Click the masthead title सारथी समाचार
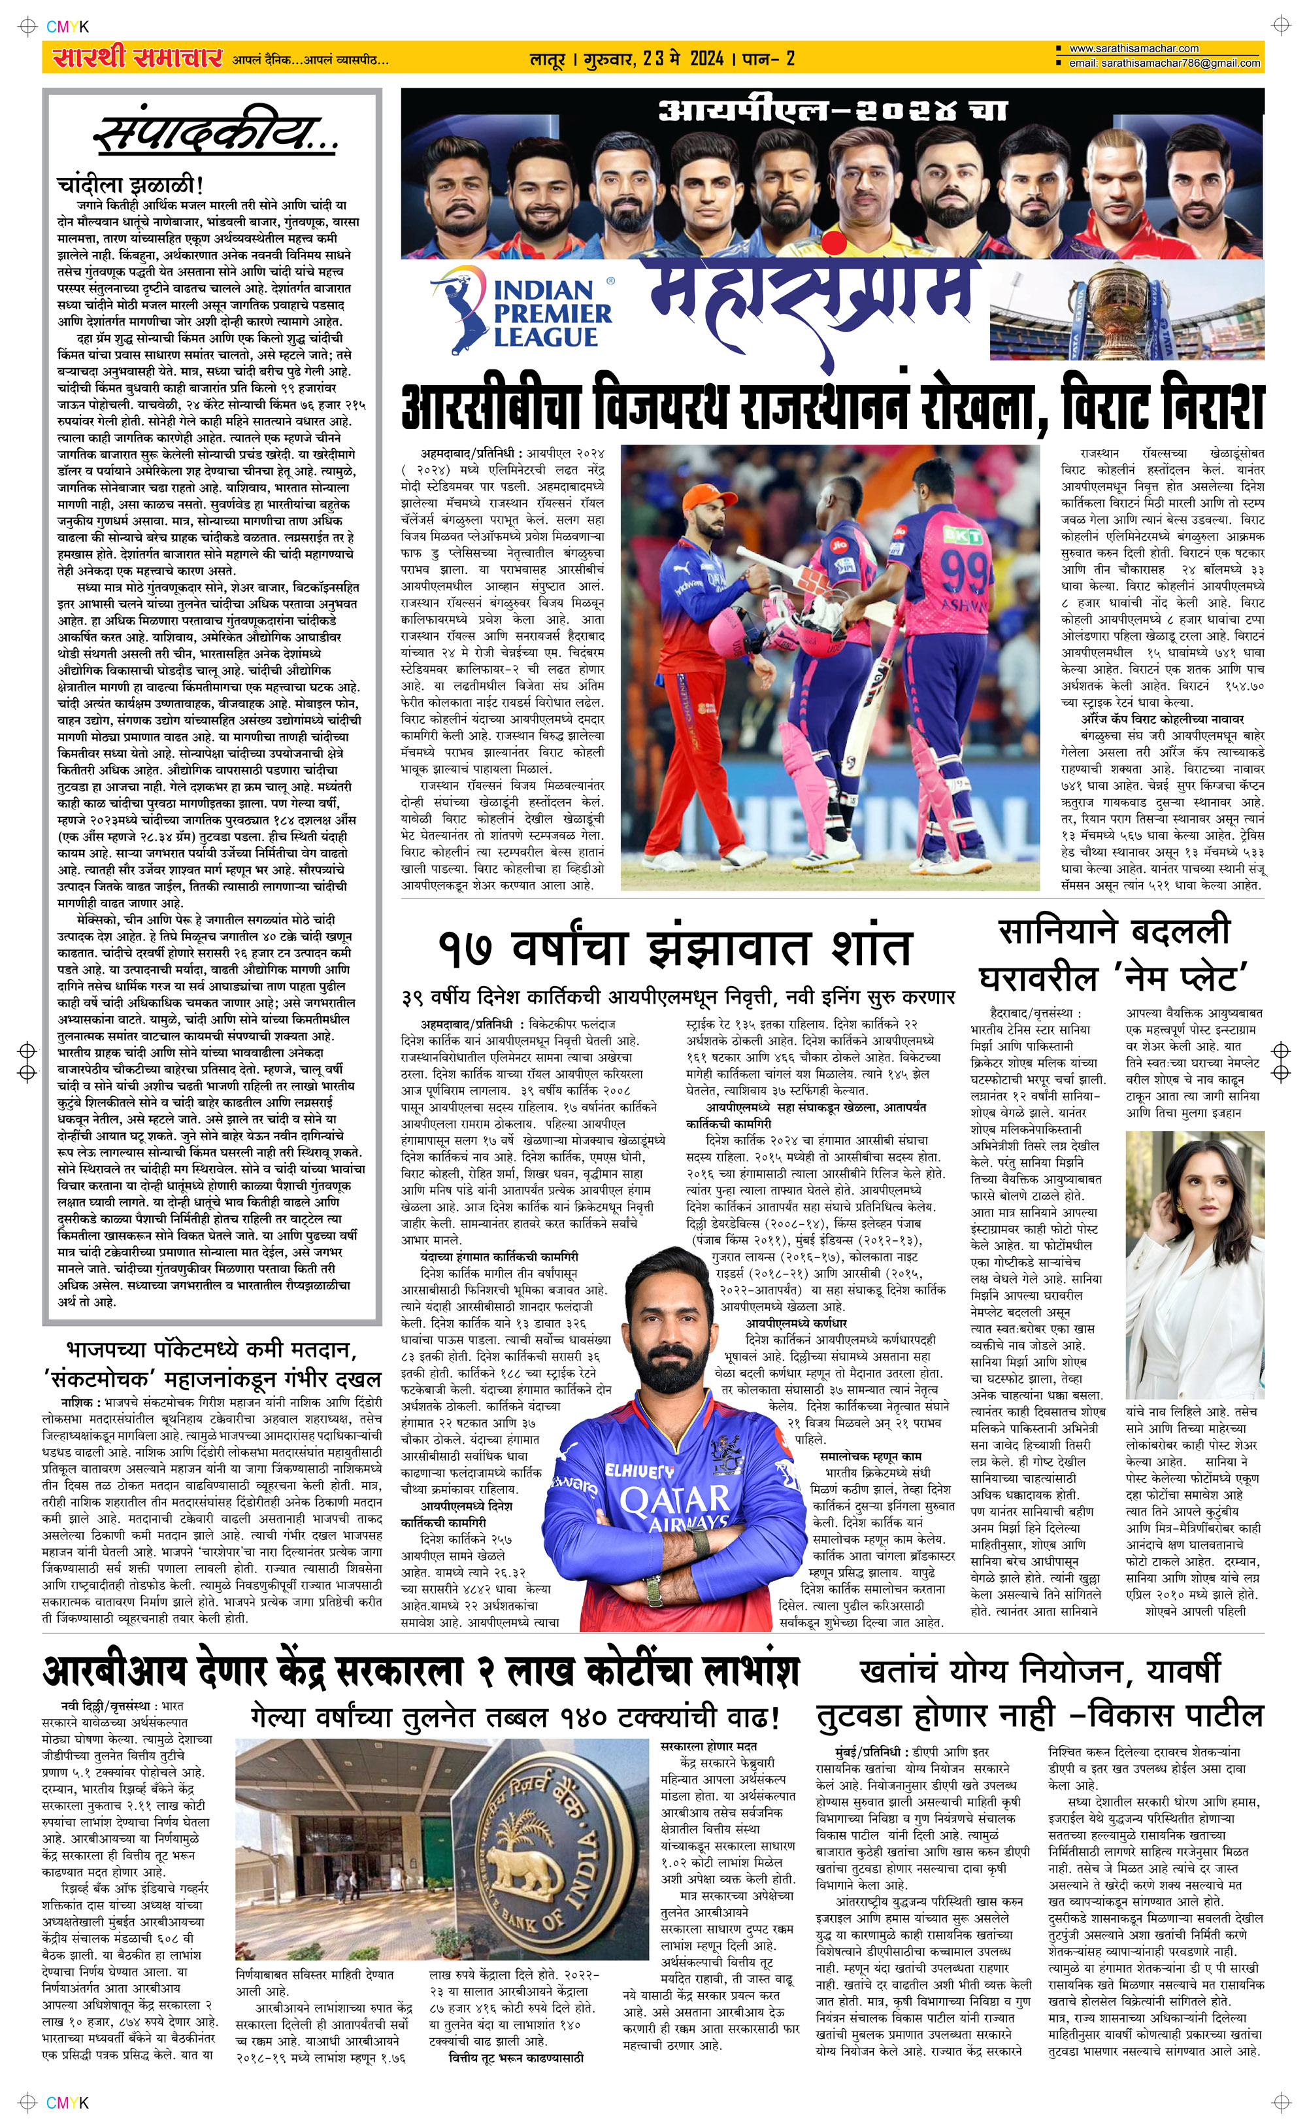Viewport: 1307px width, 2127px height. point(136,59)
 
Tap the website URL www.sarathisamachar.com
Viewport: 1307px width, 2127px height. point(1133,48)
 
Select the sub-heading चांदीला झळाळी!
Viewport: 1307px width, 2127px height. point(129,185)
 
